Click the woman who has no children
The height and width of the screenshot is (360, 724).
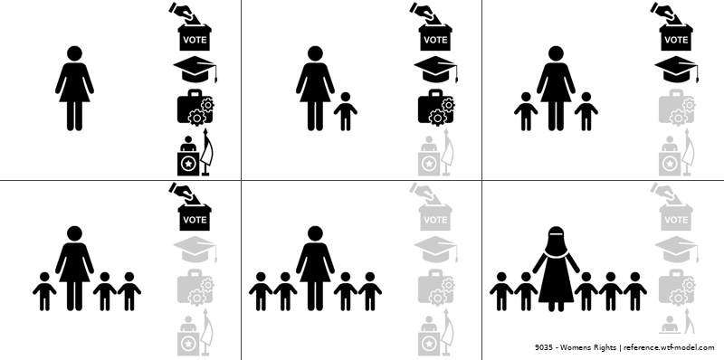74,88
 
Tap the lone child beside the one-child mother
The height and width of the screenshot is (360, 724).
346,111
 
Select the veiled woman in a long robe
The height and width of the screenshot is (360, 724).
556,269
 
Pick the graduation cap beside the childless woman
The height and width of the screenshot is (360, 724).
195,70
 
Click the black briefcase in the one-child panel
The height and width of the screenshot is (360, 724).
436,107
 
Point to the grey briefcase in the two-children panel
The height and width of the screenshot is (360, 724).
676,107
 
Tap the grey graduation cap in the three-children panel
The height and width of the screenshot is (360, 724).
195,250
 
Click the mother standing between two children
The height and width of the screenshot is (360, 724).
556,88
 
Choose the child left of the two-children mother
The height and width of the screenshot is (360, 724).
526,111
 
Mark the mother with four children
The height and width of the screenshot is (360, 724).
315,268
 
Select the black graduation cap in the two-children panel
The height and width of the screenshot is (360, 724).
676,70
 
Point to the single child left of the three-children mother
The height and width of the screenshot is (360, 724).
44,291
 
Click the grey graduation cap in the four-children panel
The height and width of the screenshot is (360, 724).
436,250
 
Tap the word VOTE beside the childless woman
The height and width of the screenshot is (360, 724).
195,40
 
